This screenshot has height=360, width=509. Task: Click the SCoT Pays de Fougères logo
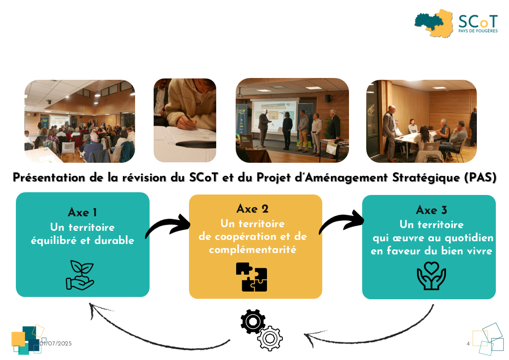[x=456, y=24]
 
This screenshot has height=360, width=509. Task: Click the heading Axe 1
[x=82, y=212]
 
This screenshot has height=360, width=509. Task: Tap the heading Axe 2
[x=252, y=209]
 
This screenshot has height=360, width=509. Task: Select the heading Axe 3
[x=431, y=210]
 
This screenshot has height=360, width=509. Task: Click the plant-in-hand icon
[x=80, y=275]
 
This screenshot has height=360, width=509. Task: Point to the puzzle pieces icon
[x=252, y=277]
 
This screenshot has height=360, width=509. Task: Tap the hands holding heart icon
[x=431, y=276]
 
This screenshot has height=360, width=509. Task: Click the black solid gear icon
[x=253, y=321]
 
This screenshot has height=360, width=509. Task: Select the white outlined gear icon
[x=270, y=339]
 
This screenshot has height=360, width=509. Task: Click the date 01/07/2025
[x=55, y=343]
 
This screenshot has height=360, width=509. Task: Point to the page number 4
[x=468, y=343]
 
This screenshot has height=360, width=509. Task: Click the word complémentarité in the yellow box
[x=252, y=250]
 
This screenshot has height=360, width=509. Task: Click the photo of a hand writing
[x=185, y=120]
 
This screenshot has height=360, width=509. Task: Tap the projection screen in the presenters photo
[x=275, y=115]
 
